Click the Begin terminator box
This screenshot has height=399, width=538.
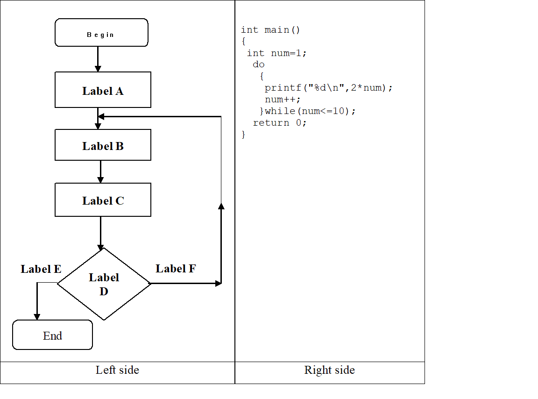click(x=101, y=33)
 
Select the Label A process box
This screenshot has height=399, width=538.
click(x=103, y=90)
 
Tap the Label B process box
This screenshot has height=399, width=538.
click(x=103, y=145)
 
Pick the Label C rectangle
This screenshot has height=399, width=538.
click(x=103, y=200)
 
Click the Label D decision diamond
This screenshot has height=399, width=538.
click(x=104, y=284)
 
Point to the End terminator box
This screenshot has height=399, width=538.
click(x=52, y=335)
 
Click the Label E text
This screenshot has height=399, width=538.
click(x=41, y=269)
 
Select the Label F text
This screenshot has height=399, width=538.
click(x=176, y=269)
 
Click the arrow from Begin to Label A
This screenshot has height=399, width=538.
click(x=98, y=59)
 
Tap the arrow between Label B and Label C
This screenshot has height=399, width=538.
click(x=100, y=171)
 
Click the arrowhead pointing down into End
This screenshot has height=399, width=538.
click(x=37, y=316)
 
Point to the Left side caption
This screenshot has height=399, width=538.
click(x=117, y=370)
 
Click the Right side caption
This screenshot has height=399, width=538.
click(x=329, y=370)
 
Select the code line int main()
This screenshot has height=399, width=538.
click(x=270, y=30)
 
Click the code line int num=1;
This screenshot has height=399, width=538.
click(x=276, y=53)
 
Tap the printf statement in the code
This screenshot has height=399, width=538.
click(x=329, y=88)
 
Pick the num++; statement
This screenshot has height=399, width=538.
click(x=283, y=100)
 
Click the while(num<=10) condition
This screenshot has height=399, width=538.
click(x=310, y=111)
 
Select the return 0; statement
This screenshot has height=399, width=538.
click(x=279, y=123)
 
